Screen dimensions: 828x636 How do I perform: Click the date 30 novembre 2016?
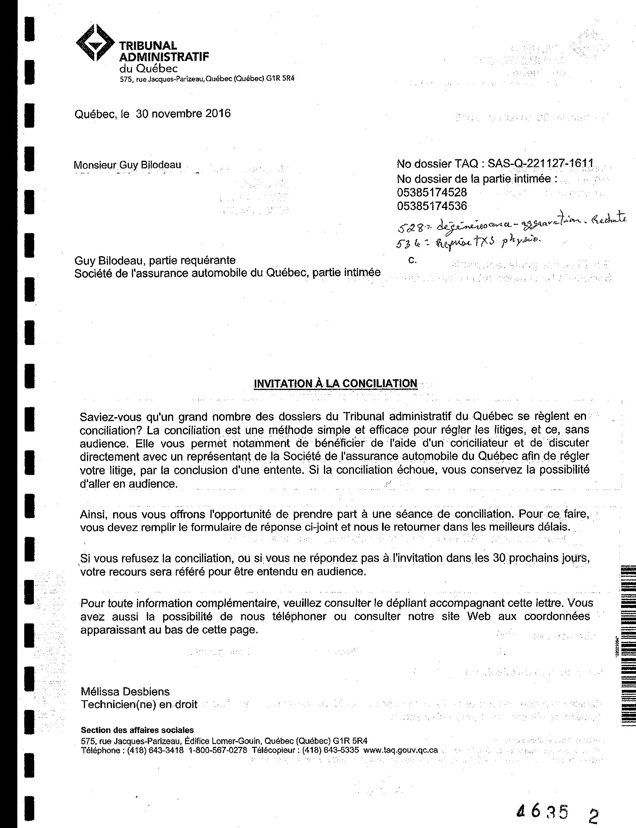pyautogui.click(x=183, y=114)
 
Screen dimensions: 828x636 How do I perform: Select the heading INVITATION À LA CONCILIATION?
pyautogui.click(x=336, y=383)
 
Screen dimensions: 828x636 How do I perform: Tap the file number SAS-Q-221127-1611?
pyautogui.click(x=541, y=164)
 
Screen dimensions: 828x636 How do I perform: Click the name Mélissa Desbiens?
pyautogui.click(x=125, y=691)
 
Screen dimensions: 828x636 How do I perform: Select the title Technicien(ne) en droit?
pyautogui.click(x=139, y=705)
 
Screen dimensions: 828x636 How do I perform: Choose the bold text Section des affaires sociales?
pyautogui.click(x=137, y=730)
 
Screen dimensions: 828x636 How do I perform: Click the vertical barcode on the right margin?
pyautogui.click(x=628, y=646)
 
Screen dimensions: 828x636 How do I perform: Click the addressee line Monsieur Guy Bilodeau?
pyautogui.click(x=127, y=165)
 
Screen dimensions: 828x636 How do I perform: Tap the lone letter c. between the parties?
pyautogui.click(x=412, y=260)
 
